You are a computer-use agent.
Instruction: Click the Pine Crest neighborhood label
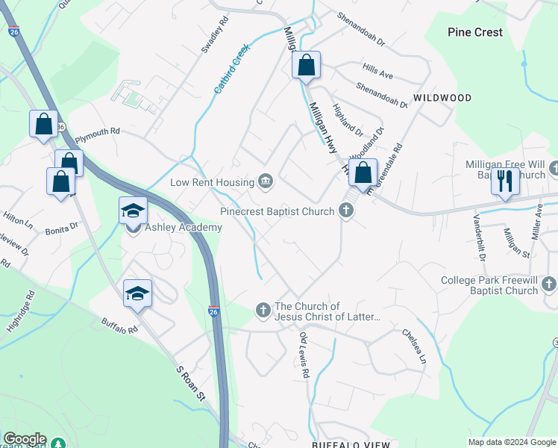tap(475, 32)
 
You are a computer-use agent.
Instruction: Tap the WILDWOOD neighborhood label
tap(442, 98)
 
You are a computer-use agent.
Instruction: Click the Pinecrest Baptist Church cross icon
tap(345, 211)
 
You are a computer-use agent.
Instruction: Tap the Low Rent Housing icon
tap(266, 181)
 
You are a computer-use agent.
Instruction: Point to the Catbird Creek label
tap(231, 69)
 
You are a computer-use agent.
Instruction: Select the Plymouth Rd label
tap(97, 131)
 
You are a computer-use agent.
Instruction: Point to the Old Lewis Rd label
tap(304, 355)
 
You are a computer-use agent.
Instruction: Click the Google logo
tap(24, 439)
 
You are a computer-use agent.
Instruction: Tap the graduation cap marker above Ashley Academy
tap(133, 211)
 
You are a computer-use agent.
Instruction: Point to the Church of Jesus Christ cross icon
tap(263, 309)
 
